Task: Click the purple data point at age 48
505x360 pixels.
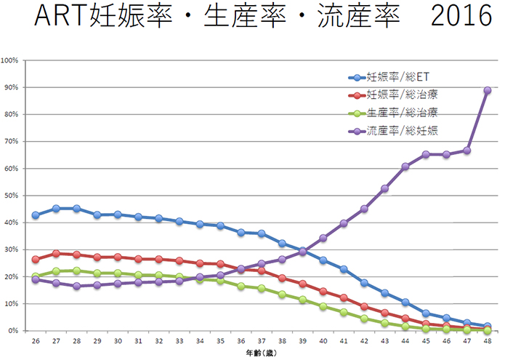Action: [488, 91]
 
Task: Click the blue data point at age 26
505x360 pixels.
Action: [36, 215]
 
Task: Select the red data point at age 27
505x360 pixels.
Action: [56, 254]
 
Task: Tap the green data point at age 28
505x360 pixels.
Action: [76, 271]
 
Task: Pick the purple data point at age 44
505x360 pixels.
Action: [405, 167]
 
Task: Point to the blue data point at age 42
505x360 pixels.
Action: [364, 283]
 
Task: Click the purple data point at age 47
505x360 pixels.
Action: [467, 151]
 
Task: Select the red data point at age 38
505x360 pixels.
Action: [282, 279]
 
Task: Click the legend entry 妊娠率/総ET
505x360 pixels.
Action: [396, 77]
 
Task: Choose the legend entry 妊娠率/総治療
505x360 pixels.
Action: [401, 95]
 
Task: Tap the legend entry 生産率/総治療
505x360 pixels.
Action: [401, 113]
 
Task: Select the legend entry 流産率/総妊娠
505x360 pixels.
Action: [401, 131]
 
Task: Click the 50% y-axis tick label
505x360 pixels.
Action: [11, 196]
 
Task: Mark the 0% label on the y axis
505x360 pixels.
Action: [13, 331]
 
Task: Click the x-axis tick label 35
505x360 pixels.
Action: [220, 341]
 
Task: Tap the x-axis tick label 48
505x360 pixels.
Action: [488, 341]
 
